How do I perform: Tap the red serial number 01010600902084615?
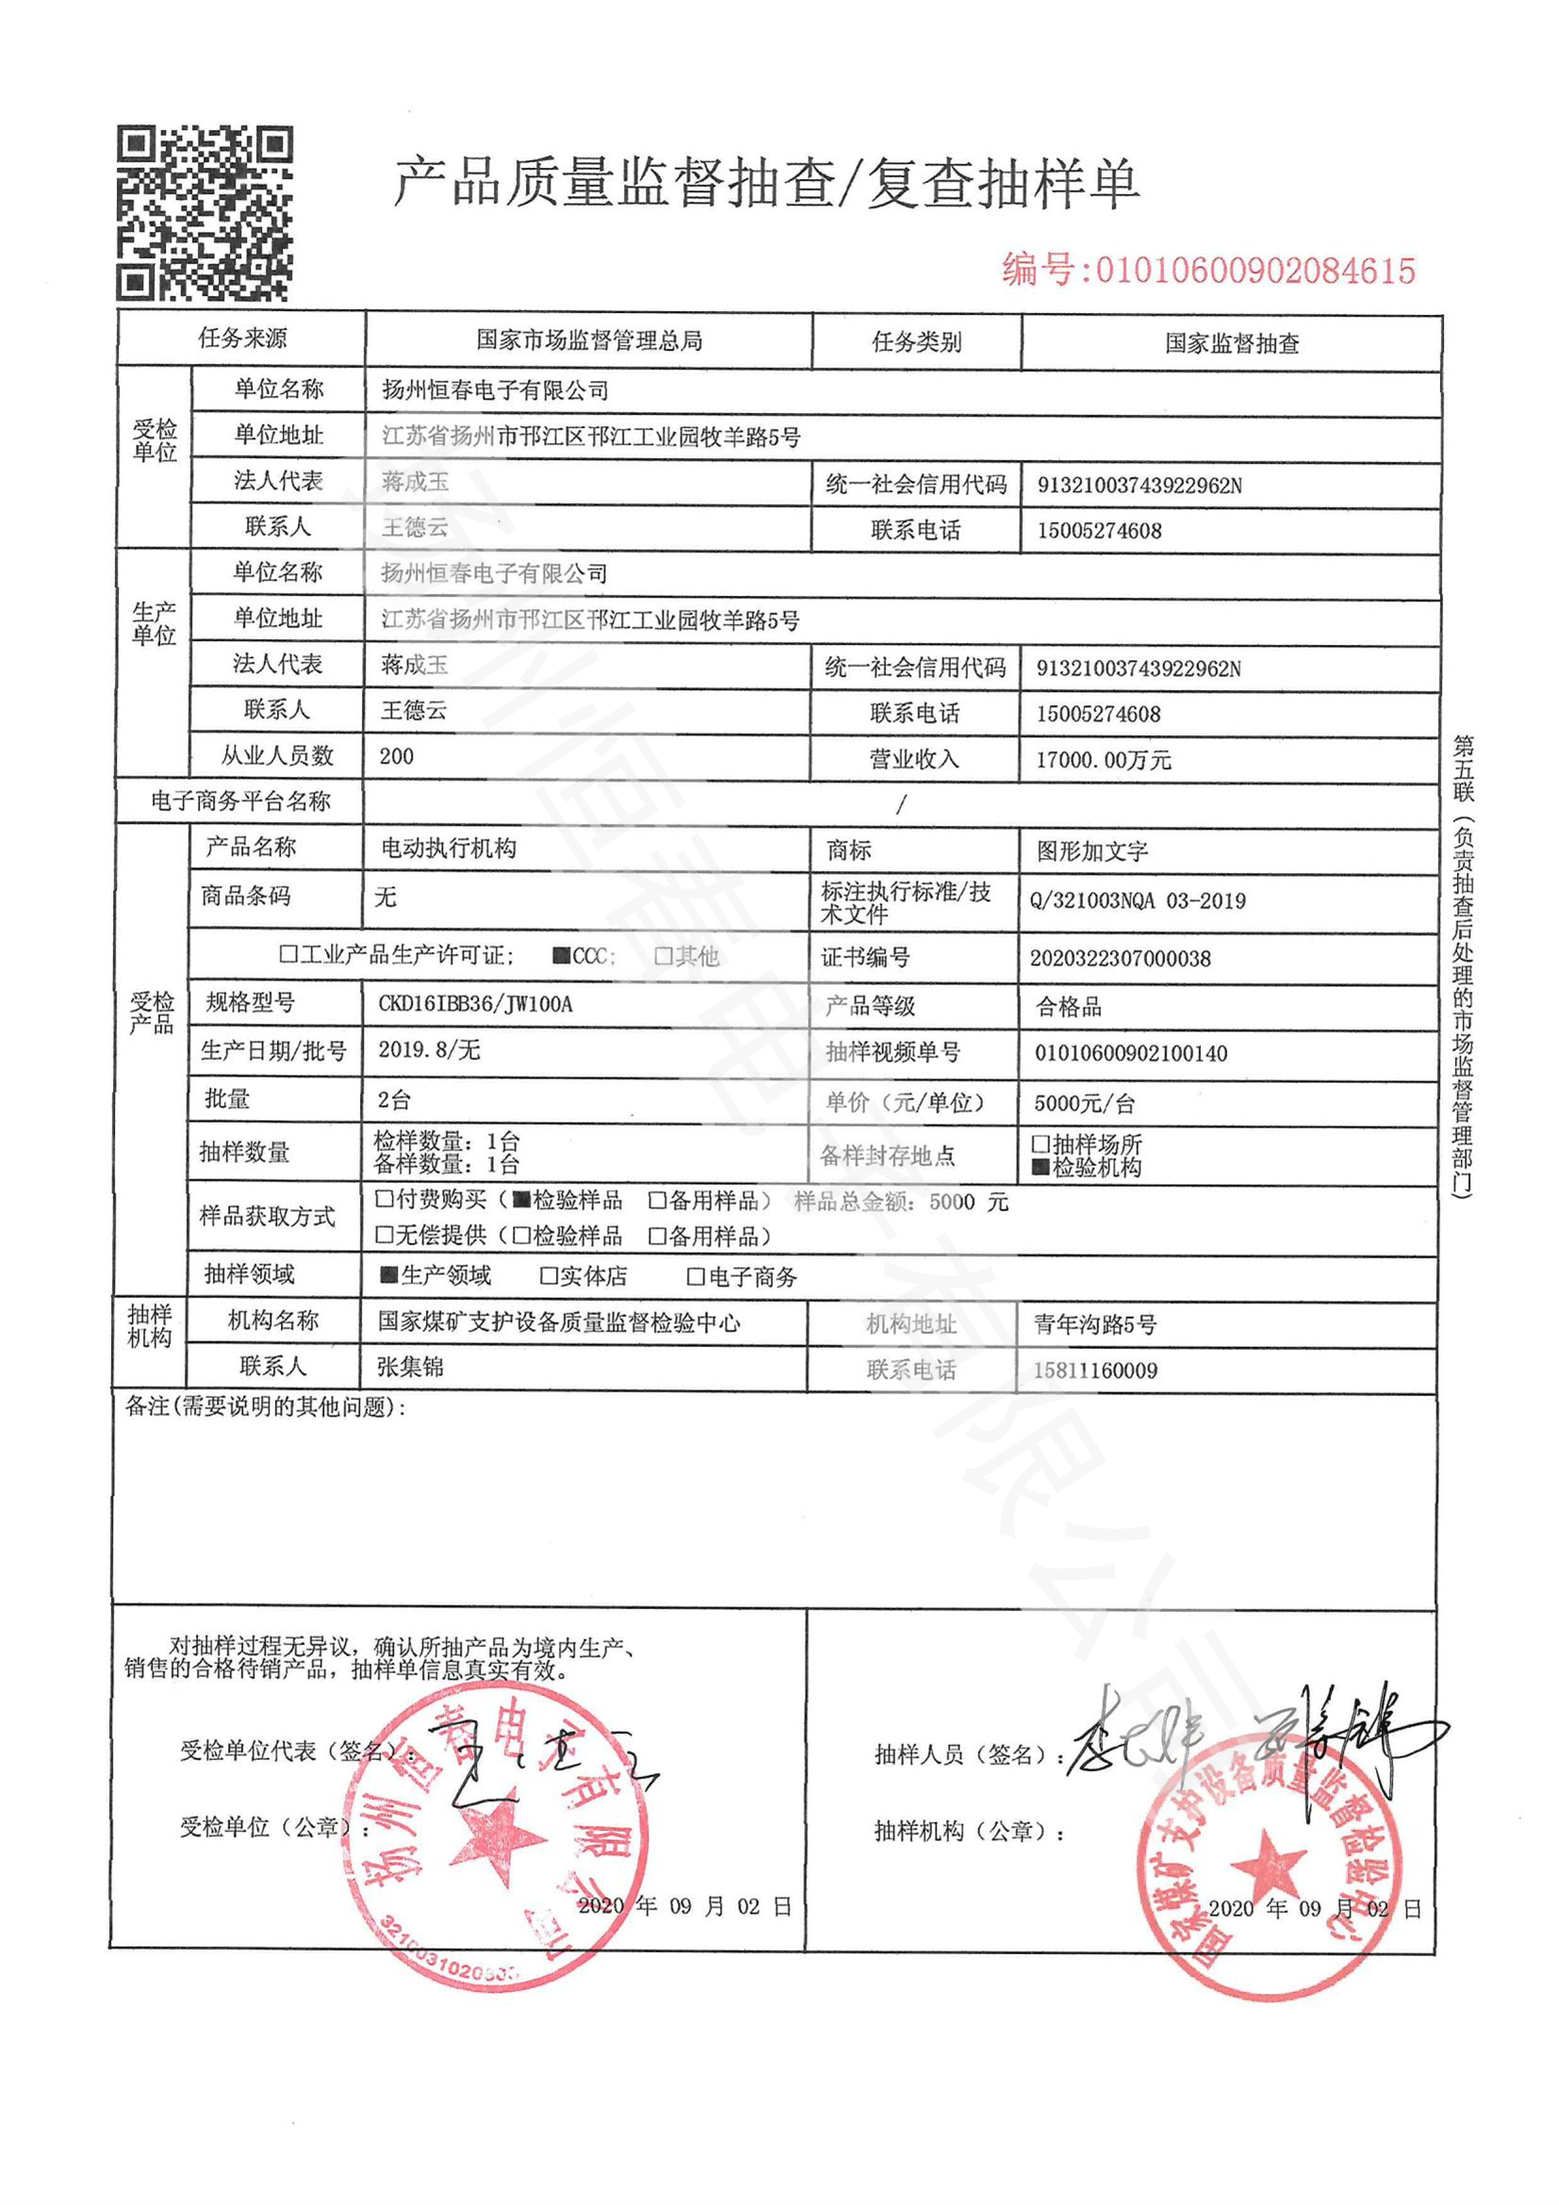(x=1255, y=271)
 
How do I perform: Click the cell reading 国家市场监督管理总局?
(x=588, y=340)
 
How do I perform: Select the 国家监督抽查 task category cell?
(x=1232, y=343)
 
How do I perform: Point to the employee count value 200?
(x=397, y=757)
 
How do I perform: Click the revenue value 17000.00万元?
(x=1103, y=761)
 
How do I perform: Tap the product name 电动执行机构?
(x=449, y=848)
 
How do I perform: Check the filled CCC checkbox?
(x=562, y=956)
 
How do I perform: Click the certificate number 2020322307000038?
(x=1121, y=959)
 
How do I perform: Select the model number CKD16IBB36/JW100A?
(x=475, y=1005)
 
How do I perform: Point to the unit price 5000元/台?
(x=1085, y=1104)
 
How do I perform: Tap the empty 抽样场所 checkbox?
(x=1041, y=1144)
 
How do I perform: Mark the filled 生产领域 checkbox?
(x=388, y=1275)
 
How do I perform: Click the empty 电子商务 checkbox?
(x=696, y=1276)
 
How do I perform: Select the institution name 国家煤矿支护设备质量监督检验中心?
(x=559, y=1324)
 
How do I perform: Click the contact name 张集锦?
(x=410, y=1367)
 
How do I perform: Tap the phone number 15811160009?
(x=1095, y=1371)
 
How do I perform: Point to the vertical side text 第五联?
(x=1464, y=768)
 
